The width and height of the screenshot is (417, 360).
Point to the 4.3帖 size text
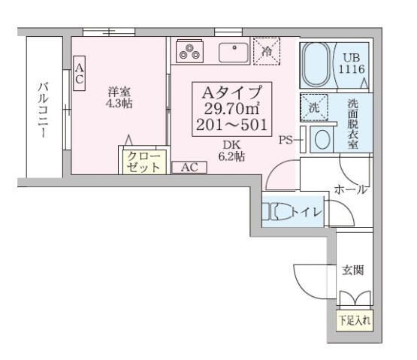tap(119, 104)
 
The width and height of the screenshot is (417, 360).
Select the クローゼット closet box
tap(143, 161)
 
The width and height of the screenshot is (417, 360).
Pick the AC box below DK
tap(189, 168)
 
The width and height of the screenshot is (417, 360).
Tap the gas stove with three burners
tap(189, 52)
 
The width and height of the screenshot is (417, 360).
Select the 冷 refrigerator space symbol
tap(266, 50)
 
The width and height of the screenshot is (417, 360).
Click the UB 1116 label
tap(352, 63)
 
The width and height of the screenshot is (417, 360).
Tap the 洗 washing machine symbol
tap(315, 108)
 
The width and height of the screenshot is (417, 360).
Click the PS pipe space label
tap(286, 139)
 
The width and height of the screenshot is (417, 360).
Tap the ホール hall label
tap(350, 190)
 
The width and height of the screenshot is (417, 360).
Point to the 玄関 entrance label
tap(353, 270)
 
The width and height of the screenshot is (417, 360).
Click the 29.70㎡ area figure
tap(231, 110)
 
